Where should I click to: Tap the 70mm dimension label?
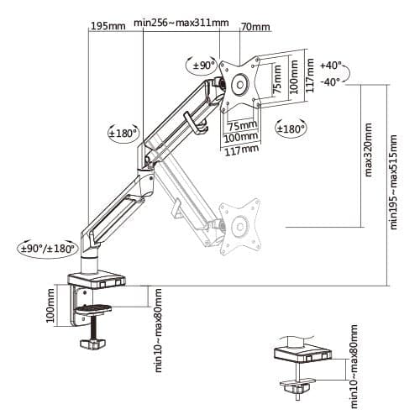[x=255, y=27]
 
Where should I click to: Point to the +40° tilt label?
[x=331, y=65]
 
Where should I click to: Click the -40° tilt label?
[x=331, y=81]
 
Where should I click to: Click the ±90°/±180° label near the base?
[x=47, y=248]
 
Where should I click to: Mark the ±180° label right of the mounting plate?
[x=291, y=129]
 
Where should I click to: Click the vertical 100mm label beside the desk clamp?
[x=50, y=306]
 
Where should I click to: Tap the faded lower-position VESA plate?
[x=239, y=226]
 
